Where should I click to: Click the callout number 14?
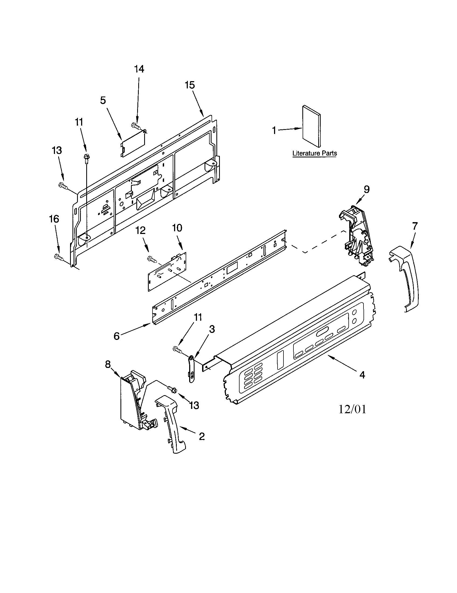(139, 69)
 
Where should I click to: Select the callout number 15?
(190, 85)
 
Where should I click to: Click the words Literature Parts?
(314, 153)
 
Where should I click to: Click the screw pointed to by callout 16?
(58, 256)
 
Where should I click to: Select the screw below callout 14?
(136, 125)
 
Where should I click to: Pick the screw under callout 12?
(152, 259)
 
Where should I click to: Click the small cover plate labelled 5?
(133, 143)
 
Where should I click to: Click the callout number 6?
(116, 336)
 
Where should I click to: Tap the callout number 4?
(362, 375)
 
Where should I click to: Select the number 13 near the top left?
(57, 150)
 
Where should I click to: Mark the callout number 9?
(366, 189)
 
